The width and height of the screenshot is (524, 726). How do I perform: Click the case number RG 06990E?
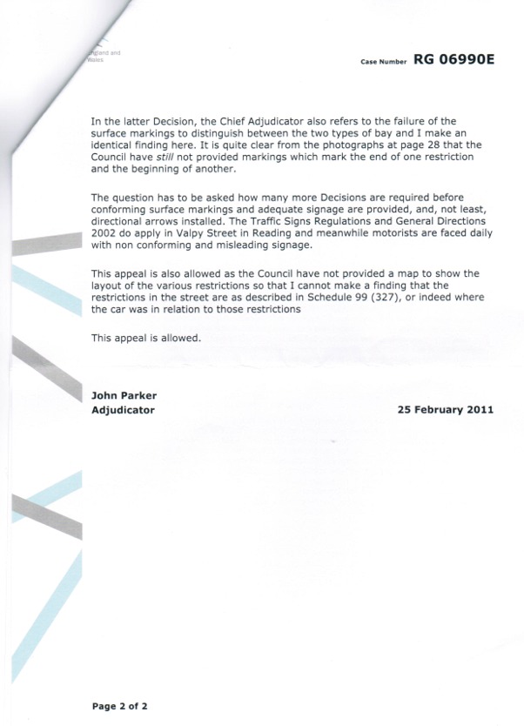453,60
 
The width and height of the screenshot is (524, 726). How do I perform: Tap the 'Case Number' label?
384,62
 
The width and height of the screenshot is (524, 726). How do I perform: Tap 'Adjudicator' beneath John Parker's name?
123,409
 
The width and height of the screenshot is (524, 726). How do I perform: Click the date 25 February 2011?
445,409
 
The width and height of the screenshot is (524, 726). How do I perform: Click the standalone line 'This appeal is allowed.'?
145,338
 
